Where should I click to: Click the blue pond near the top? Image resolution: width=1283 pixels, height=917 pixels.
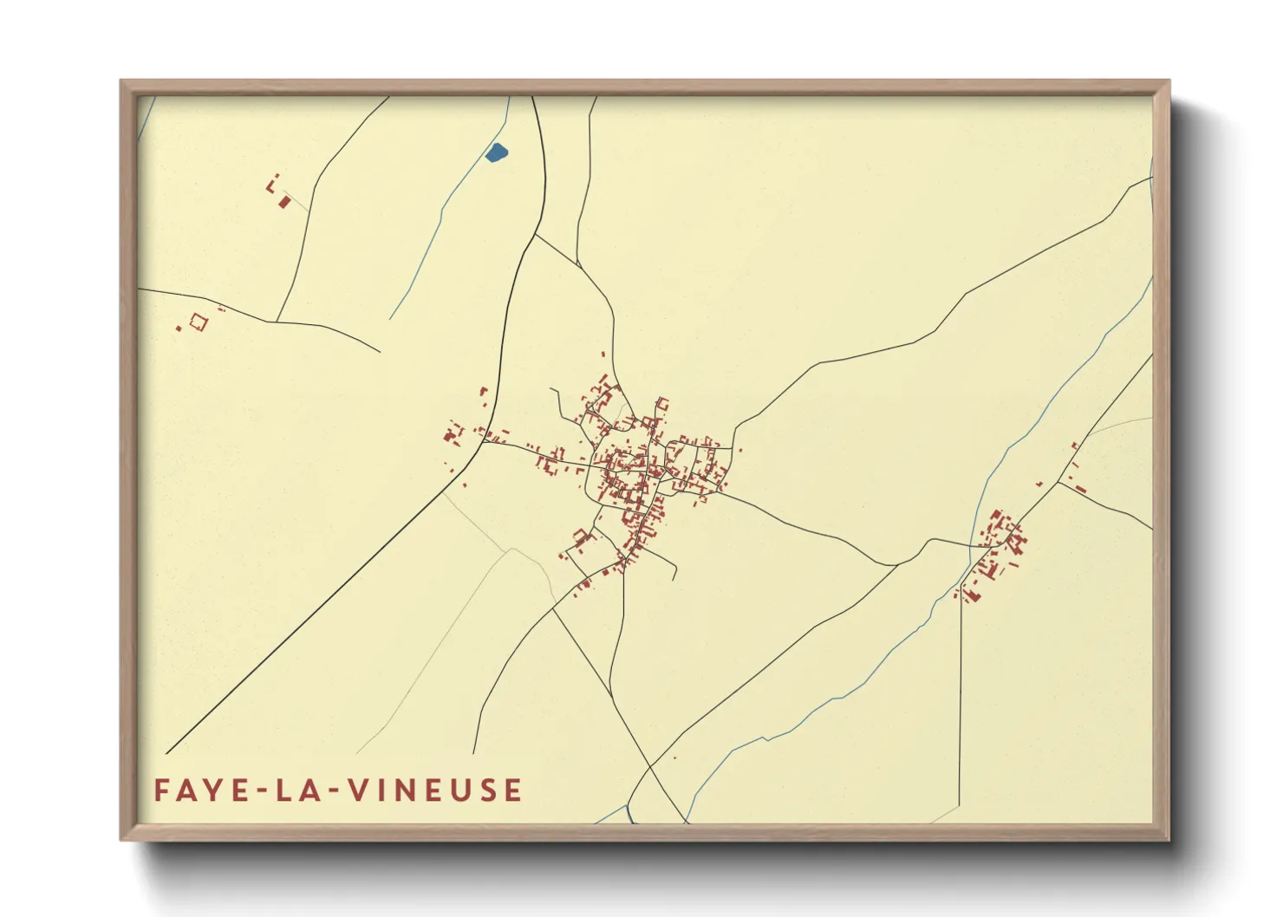point(496,153)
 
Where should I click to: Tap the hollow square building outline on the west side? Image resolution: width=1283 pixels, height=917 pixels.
point(199,322)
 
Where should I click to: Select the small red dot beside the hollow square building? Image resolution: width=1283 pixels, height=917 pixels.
point(179,328)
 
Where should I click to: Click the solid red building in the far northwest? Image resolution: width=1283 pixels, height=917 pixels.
point(284,202)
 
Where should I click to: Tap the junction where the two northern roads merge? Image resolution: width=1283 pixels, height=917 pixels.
point(577,265)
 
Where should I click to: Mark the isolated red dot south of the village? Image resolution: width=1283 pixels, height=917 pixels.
point(674,758)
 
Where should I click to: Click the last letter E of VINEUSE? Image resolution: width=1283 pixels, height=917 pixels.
point(513,790)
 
